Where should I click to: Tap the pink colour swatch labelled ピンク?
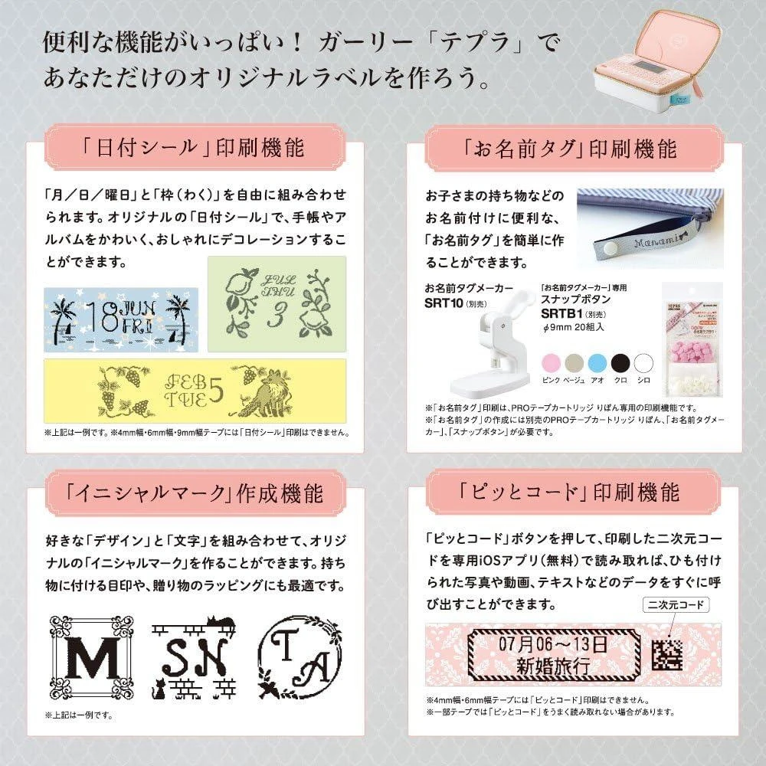pos(551,363)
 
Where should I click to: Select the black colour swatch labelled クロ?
pos(620,363)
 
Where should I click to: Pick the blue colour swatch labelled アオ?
pos(597,363)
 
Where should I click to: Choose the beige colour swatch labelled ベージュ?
pos(574,363)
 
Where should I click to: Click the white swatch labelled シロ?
pos(643,363)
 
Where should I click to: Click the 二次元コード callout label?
pos(676,605)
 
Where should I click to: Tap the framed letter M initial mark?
pos(91,657)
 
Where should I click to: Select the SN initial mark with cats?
pos(194,657)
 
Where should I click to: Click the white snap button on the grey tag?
pos(608,249)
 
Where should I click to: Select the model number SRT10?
pos(443,303)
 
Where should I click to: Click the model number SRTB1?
pos(561,313)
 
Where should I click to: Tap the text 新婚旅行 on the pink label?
pos(552,666)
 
